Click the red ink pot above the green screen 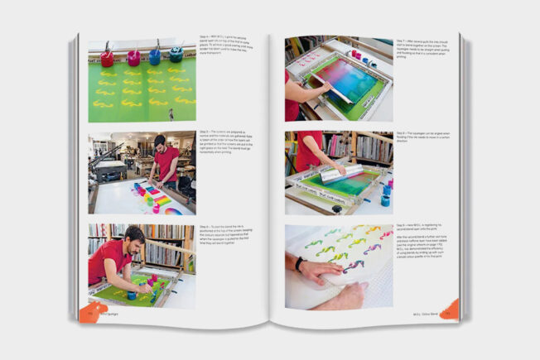click(107, 58)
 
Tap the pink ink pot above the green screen click(133, 57)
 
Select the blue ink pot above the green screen click(155, 56)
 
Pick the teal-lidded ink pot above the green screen click(176, 55)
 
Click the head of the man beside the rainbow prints click(161, 142)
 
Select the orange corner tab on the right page click(448, 310)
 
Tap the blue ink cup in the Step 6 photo click(132, 295)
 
